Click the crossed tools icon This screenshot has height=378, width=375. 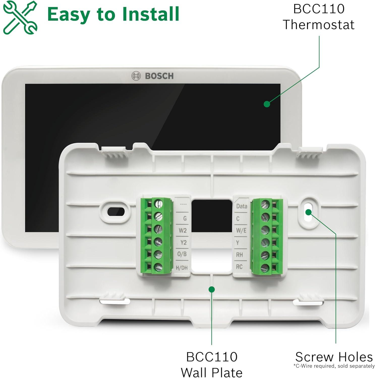tap(20, 17)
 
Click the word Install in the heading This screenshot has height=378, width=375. tap(150, 14)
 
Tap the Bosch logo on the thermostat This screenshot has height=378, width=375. tap(153, 76)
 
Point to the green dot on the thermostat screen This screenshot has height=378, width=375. tap(267, 104)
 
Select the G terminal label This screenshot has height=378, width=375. tap(185, 218)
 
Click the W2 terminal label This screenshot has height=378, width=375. tap(183, 231)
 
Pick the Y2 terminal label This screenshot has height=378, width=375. tap(183, 243)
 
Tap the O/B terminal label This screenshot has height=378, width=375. tap(182, 254)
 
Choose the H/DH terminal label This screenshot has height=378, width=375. tap(182, 268)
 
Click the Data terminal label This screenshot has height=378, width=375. tap(241, 206)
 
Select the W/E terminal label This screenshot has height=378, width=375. tap(241, 231)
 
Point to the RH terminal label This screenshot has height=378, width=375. tap(239, 255)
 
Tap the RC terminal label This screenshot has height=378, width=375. tap(239, 267)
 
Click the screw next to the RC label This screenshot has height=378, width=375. tap(265, 268)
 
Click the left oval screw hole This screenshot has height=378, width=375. tap(116, 211)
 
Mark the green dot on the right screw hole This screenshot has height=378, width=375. tap(308, 212)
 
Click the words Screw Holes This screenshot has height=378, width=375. tap(334, 357)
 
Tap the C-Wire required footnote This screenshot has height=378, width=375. tap(334, 366)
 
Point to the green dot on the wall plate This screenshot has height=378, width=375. tap(212, 289)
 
